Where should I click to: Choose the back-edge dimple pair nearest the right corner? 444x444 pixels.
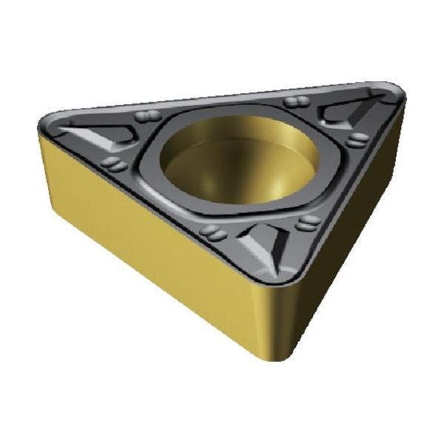click(x=297, y=101)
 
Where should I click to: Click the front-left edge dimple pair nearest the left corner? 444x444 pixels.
click(x=115, y=164)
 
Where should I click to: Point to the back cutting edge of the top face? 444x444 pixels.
click(x=222, y=93)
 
